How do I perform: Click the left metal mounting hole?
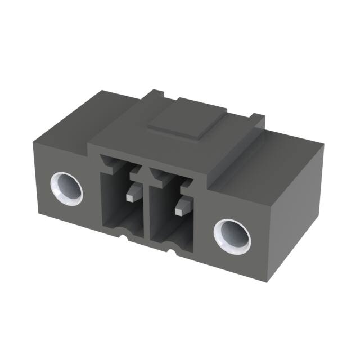point(66,188)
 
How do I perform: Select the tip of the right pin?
point(179,212)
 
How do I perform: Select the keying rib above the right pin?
point(169,181)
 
